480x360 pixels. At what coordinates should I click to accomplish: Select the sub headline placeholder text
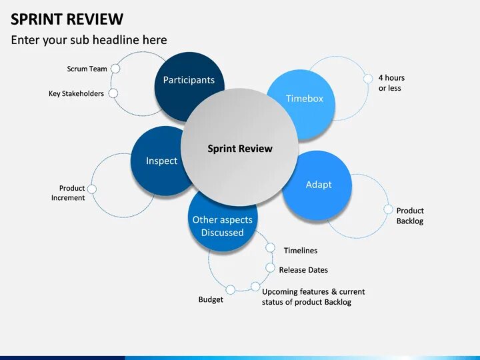click(x=89, y=40)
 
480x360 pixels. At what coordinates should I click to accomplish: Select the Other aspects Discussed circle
click(x=222, y=223)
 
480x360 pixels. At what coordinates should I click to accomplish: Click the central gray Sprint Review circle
click(x=239, y=149)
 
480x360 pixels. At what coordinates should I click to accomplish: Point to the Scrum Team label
click(x=87, y=69)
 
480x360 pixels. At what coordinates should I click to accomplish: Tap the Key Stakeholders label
click(x=76, y=94)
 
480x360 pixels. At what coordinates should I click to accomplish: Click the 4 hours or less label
click(x=391, y=83)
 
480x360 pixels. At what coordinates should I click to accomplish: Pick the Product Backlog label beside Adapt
click(x=409, y=215)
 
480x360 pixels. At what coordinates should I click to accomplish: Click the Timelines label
click(x=300, y=251)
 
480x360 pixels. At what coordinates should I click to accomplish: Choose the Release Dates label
click(x=303, y=270)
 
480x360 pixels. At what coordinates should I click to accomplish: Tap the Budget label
click(x=211, y=299)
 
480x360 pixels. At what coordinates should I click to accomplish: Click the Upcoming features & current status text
click(x=313, y=297)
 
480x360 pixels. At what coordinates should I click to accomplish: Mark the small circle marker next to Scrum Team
click(x=115, y=68)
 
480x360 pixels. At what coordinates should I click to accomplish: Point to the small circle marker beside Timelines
click(x=270, y=247)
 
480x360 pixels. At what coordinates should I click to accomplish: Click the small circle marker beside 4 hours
click(x=367, y=78)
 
